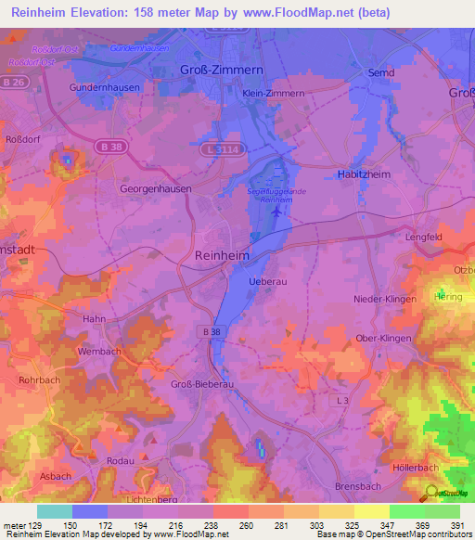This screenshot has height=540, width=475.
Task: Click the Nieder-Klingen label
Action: coord(382,299)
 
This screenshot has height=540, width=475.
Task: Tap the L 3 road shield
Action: coord(342,400)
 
